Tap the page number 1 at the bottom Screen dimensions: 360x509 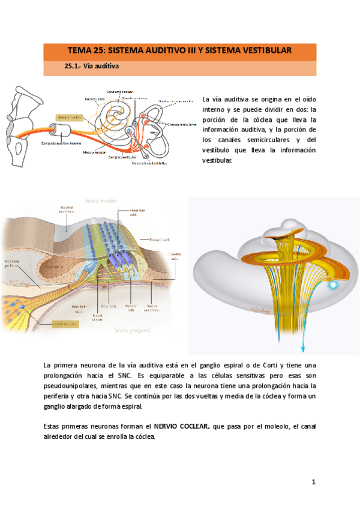point(313,482)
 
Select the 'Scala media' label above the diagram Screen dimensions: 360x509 point(101,201)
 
